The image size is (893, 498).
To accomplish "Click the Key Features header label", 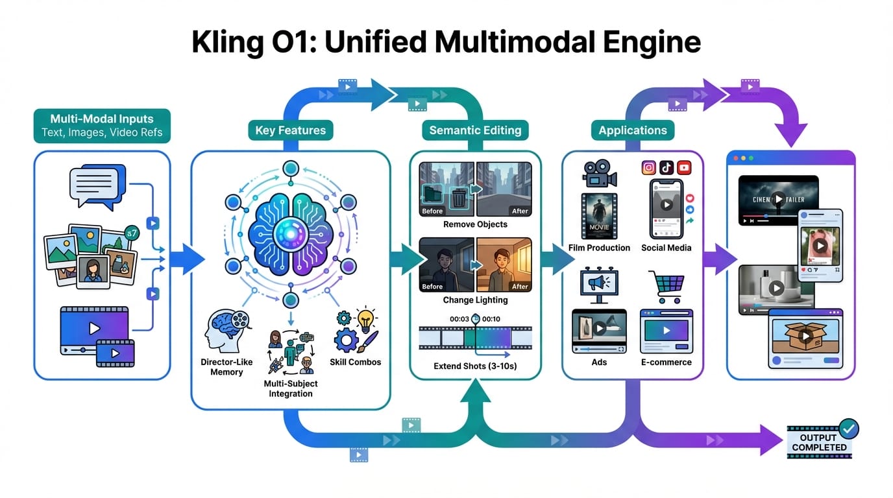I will pyautogui.click(x=289, y=130).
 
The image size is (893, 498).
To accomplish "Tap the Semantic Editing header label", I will pyautogui.click(x=475, y=130).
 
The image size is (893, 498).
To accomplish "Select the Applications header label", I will pyautogui.click(x=632, y=130).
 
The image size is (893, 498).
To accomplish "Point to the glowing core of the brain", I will pyautogui.click(x=289, y=235).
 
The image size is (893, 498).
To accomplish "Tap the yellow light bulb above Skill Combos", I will pyautogui.click(x=367, y=318).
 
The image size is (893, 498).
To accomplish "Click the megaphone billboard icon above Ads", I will pyautogui.click(x=598, y=283).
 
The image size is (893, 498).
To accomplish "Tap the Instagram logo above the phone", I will pyautogui.click(x=648, y=168).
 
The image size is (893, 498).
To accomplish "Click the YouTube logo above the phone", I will pyautogui.click(x=683, y=168).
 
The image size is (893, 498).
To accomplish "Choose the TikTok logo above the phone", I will pyautogui.click(x=666, y=168).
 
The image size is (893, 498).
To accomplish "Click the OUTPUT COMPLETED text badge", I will pyautogui.click(x=819, y=442).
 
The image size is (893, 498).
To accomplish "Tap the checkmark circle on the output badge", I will pyautogui.click(x=848, y=428).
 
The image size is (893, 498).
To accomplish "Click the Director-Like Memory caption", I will pyautogui.click(x=226, y=367).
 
